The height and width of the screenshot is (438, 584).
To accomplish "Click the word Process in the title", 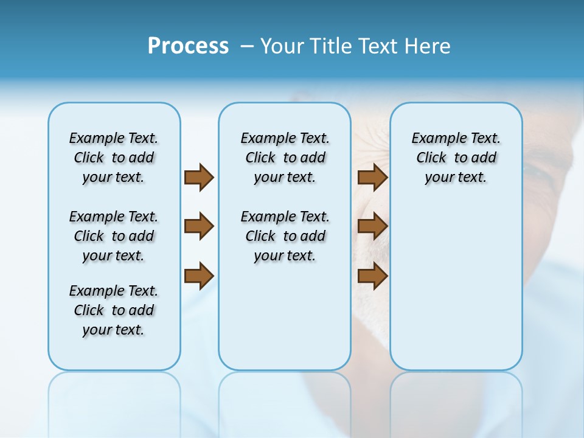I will coord(188,46).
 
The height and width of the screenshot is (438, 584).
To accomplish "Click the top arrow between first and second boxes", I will coord(199,177).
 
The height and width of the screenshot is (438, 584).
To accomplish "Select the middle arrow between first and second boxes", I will coord(199,226).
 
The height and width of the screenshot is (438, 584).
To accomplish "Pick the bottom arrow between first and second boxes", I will coord(199,276).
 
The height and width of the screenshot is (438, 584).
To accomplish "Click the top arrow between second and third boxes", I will coord(373,177).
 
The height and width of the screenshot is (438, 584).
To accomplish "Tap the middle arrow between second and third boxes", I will coord(373,226).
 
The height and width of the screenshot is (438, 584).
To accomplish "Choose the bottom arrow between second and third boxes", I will coord(373,276).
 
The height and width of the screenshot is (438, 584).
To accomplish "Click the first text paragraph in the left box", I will coord(114,158).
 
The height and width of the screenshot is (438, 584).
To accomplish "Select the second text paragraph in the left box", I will coord(114,236).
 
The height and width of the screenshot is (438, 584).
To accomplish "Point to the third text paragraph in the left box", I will coord(114,310).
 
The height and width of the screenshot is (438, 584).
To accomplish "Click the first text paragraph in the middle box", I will coord(285,158).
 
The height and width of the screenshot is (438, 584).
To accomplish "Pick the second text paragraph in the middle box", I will coord(285,236).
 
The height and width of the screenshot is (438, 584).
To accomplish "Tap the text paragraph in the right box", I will coord(456,158).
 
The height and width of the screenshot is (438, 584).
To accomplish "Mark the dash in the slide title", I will coord(247,46).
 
